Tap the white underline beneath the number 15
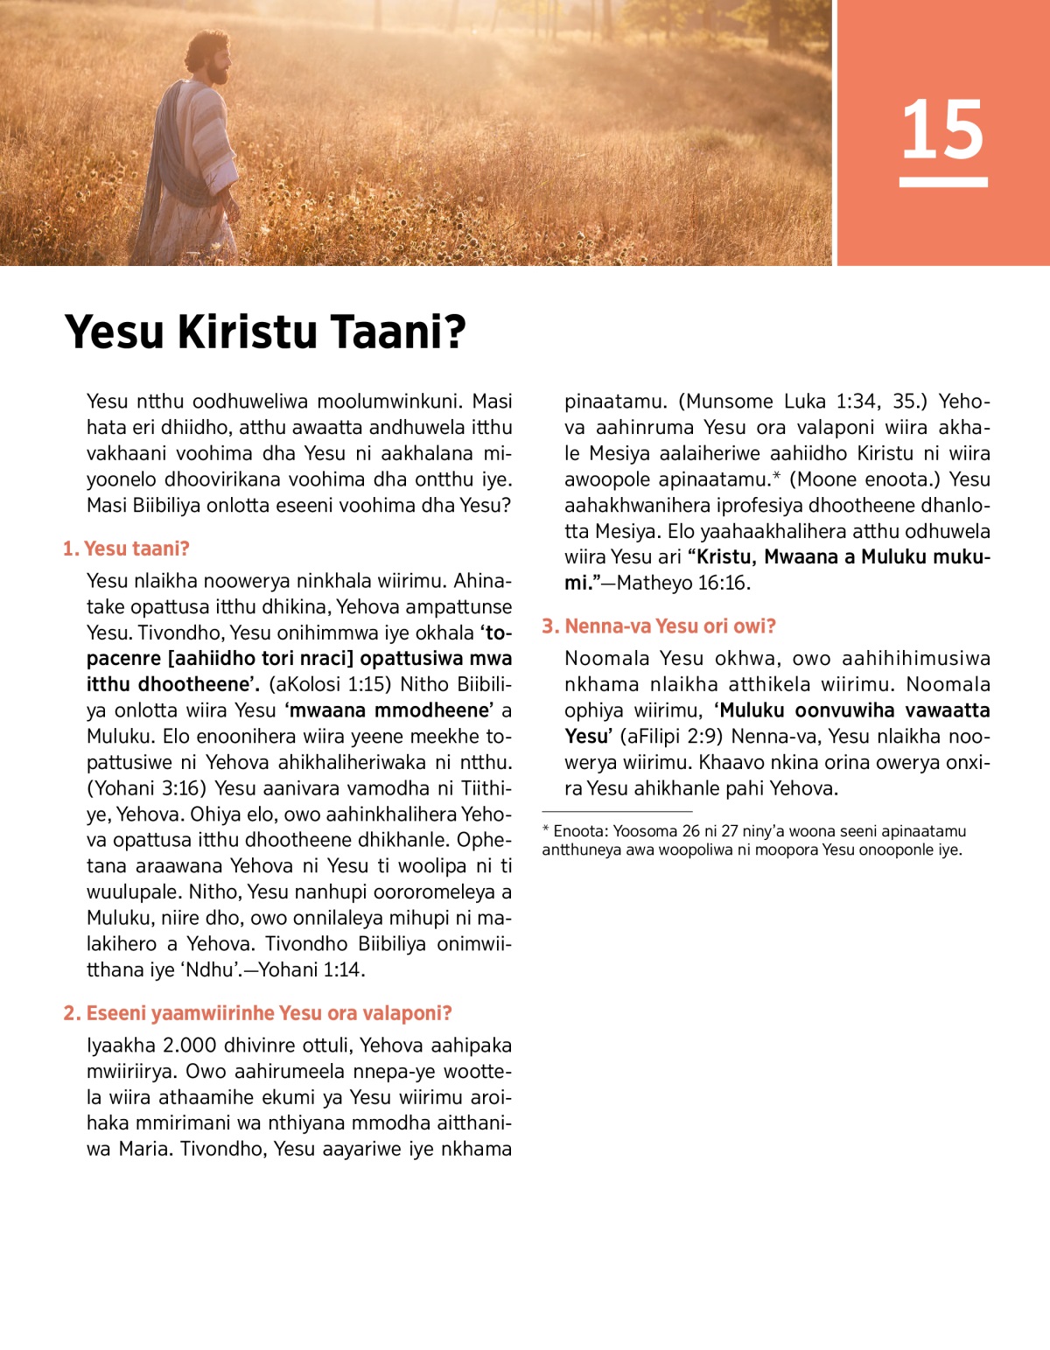(943, 182)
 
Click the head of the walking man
(210, 57)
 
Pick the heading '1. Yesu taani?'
(126, 549)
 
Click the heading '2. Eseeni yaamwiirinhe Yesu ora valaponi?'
(257, 1013)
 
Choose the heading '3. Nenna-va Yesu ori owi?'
(659, 626)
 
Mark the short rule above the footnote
(617, 812)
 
